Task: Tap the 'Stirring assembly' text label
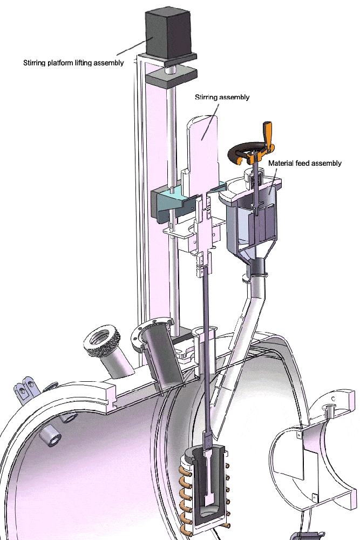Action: pos(222,97)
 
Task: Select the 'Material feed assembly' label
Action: pos(304,163)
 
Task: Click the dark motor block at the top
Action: pos(168,32)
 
